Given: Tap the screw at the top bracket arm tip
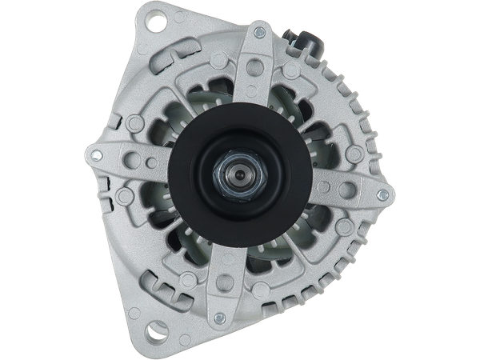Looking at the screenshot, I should tap(258, 33).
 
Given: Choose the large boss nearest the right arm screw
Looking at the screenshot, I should tap(348, 189).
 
